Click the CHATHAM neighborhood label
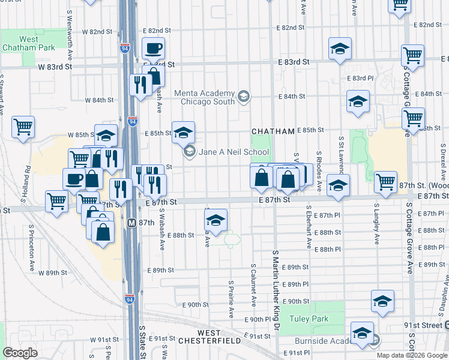coord(273,131)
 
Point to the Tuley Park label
coord(309,319)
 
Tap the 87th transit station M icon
coord(131,222)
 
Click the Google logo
coord(20,353)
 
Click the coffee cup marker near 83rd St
coord(153,48)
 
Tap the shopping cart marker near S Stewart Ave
coord(23,127)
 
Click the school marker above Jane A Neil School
coord(183,132)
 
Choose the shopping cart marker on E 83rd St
coord(413,56)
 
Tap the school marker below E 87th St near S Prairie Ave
coord(215,220)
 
